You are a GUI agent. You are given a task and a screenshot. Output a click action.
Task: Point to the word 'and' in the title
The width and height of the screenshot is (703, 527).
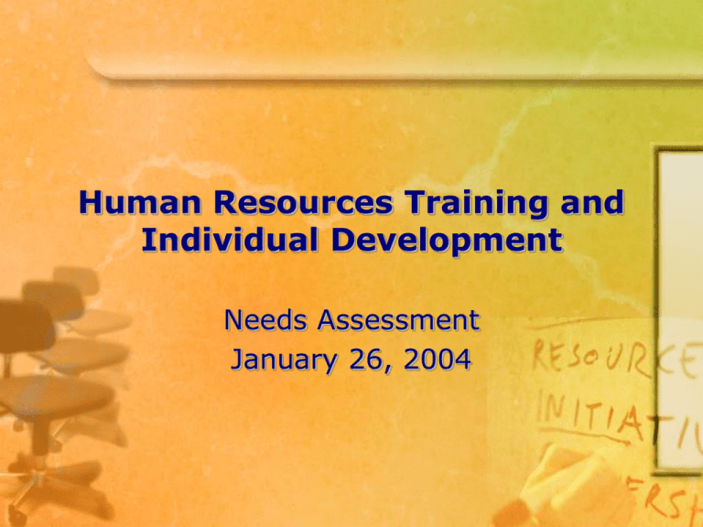(x=587, y=203)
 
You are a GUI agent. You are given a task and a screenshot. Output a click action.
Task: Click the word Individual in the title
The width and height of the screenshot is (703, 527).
(x=213, y=242)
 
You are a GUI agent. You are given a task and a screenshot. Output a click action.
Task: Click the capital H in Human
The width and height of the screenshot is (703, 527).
(x=88, y=203)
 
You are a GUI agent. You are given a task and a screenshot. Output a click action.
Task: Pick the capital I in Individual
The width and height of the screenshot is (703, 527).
(x=148, y=242)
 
